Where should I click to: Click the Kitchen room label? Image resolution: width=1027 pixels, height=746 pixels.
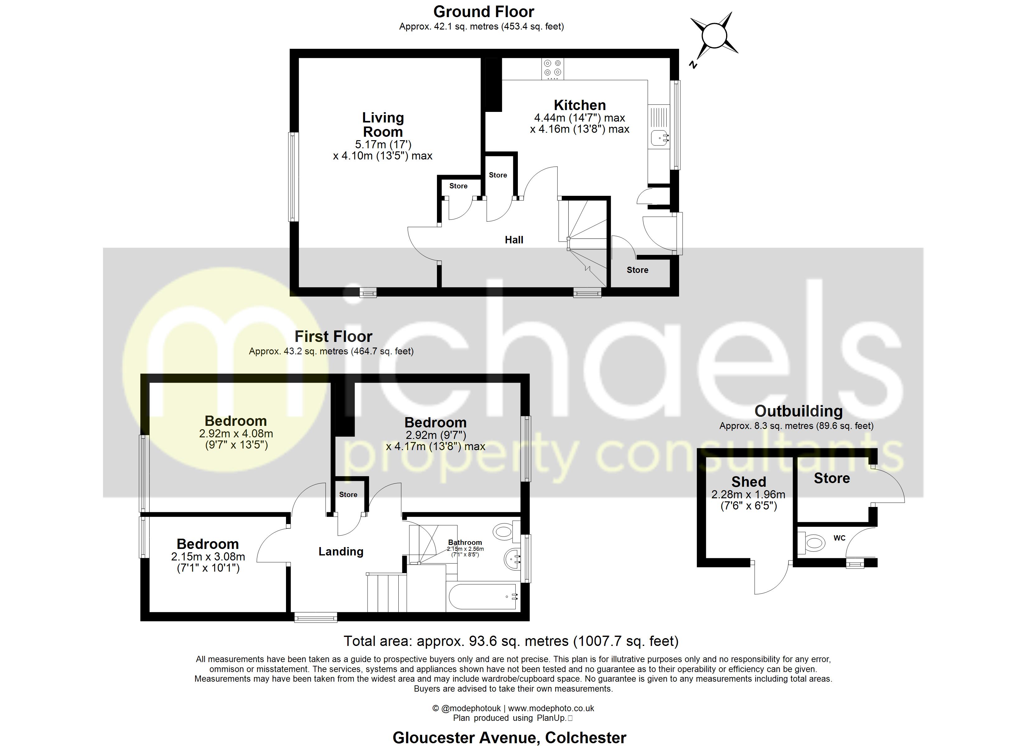click(x=579, y=105)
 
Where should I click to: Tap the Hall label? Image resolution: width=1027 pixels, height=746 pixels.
click(x=514, y=240)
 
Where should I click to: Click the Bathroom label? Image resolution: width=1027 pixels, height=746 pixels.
click(x=465, y=542)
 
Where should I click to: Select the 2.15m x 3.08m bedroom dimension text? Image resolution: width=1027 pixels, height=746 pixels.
click(x=208, y=557)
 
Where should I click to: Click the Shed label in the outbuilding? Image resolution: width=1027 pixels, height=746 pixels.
click(x=748, y=482)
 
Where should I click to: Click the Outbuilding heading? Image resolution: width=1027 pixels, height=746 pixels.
click(x=798, y=411)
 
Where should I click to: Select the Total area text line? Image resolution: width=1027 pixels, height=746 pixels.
click(x=511, y=641)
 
